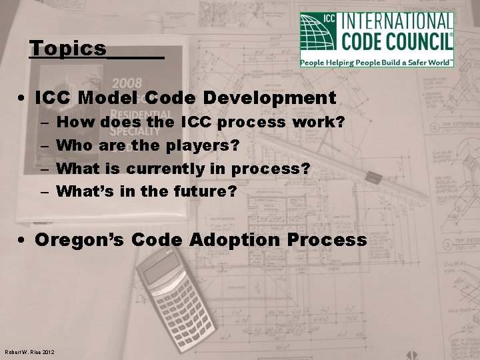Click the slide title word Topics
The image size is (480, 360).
pos(68,49)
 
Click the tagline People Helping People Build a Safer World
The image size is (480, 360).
pos(377,61)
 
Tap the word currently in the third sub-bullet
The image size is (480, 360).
pos(175,169)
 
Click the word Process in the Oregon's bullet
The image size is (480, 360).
pos(329,239)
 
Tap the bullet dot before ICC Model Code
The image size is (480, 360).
pos(23,99)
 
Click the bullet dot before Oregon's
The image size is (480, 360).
pos(23,240)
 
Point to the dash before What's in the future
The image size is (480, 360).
pos(43,192)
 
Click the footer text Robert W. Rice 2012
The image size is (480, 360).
pos(29,352)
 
